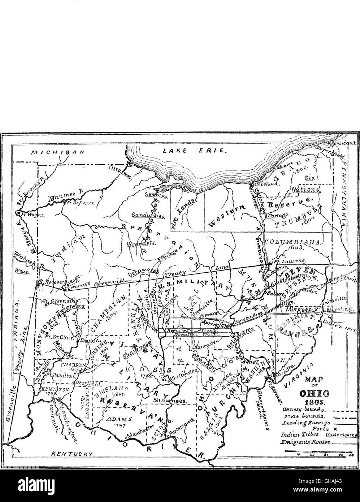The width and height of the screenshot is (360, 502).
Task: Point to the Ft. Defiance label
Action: pyautogui.click(x=79, y=203)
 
